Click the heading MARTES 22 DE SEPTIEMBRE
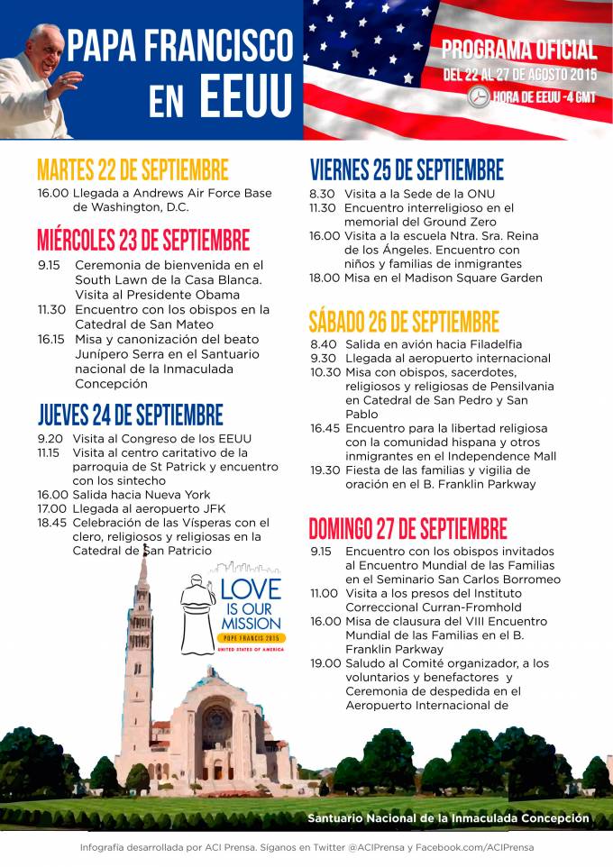[x=133, y=170]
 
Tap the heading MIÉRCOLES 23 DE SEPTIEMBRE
[x=143, y=240]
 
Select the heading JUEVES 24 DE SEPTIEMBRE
[x=130, y=415]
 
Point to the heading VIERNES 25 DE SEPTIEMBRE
[x=407, y=169]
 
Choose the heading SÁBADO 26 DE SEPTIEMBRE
[x=404, y=321]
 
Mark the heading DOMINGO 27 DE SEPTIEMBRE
[x=408, y=528]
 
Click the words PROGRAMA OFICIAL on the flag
[x=519, y=50]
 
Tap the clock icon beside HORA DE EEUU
[x=480, y=96]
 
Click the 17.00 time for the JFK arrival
[x=52, y=509]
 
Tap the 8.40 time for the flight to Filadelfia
[x=325, y=344]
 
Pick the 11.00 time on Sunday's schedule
[x=325, y=594]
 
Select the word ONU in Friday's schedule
[x=481, y=194]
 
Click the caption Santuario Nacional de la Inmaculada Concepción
[x=448, y=818]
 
